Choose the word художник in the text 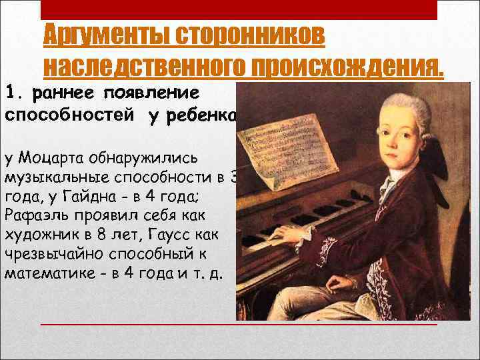(x=44, y=235)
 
